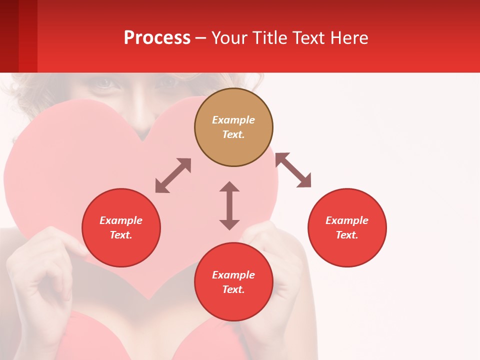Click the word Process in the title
[x=157, y=38]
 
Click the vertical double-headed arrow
[x=229, y=205]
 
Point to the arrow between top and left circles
[x=173, y=175]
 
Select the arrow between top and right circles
[x=293, y=170]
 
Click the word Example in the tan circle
[x=233, y=120]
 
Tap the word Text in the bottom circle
[x=233, y=289]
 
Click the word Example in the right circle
[x=347, y=220]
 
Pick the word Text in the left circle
[x=121, y=235]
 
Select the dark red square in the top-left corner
[x=9, y=36]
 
